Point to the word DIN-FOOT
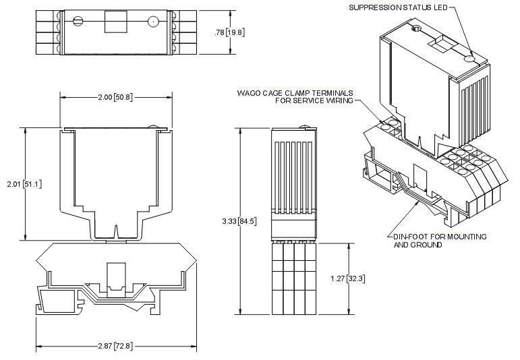coord(411,237)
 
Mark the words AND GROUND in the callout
coord(417,245)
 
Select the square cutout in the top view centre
coord(114,22)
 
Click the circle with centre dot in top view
coord(153,22)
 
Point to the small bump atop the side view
coord(306,126)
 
